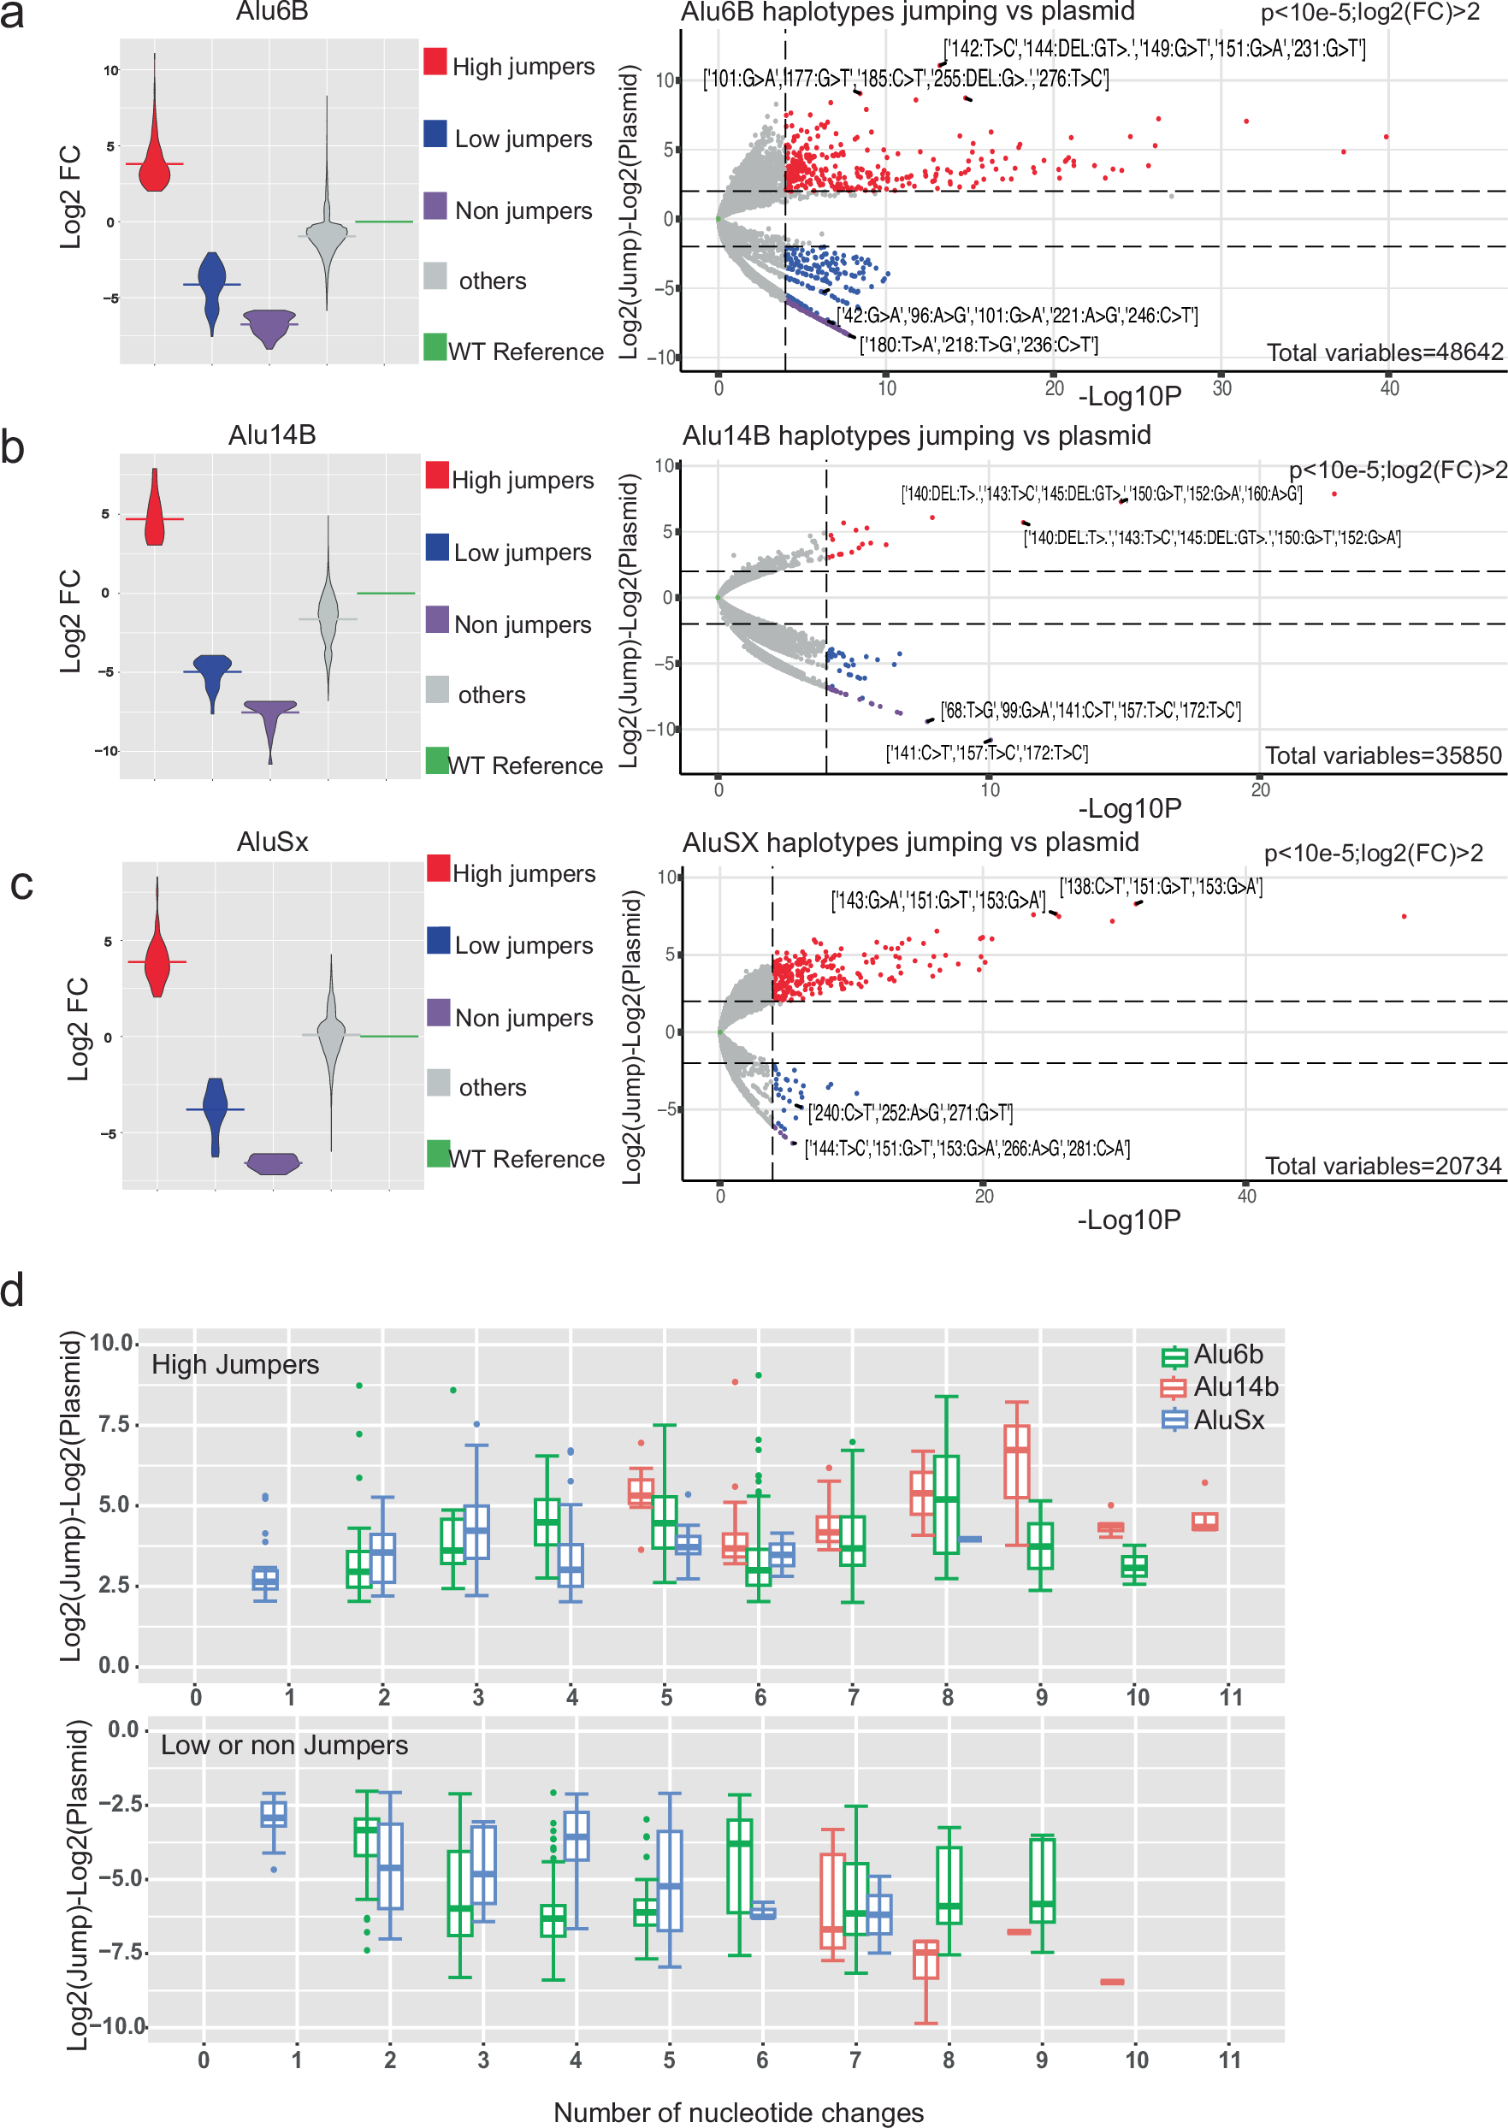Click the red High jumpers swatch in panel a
[435, 62]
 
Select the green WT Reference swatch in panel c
[438, 1153]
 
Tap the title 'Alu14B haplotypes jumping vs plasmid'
[916, 435]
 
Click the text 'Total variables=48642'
[1384, 352]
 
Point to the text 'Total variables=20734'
[1381, 1166]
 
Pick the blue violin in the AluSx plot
[216, 1109]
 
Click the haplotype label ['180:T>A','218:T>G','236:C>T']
[978, 346]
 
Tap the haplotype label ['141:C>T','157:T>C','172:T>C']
[986, 753]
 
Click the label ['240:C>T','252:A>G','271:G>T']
[910, 1112]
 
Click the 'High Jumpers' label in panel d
[235, 1365]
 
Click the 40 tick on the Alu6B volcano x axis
[1388, 388]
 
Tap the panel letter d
[13, 1290]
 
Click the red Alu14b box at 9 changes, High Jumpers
[1017, 1462]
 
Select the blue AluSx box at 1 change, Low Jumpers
[274, 1813]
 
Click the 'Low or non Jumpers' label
[284, 1746]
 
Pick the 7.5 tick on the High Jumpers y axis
[115, 1424]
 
